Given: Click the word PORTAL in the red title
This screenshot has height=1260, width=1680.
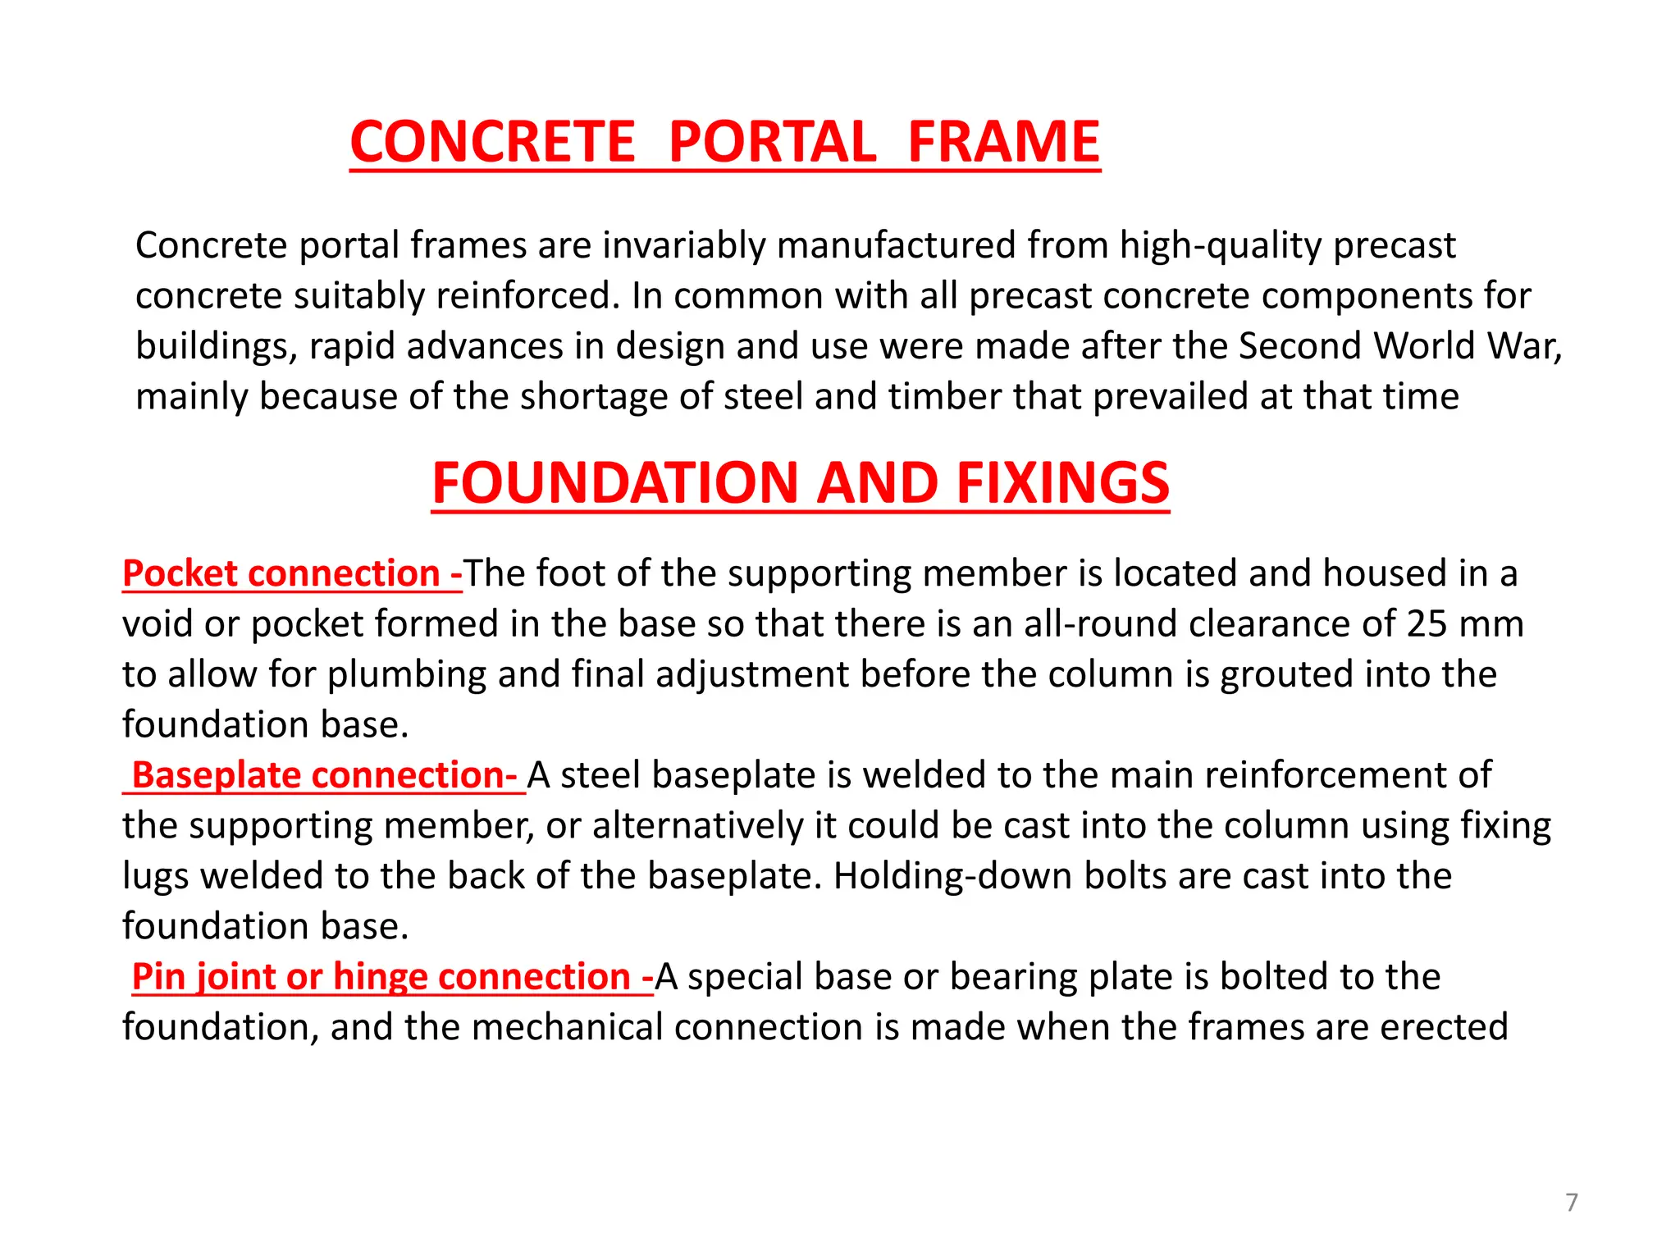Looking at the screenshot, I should [x=772, y=142].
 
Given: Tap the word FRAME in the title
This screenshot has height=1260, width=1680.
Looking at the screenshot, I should [x=1003, y=142].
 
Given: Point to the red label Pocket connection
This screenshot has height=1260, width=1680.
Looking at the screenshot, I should [x=291, y=573].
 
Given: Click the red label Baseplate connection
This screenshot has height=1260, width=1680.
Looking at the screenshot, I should [x=324, y=775].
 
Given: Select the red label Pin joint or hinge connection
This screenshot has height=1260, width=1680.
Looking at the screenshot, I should [x=392, y=977].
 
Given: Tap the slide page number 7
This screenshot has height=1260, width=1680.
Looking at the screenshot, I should [x=1571, y=1203].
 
